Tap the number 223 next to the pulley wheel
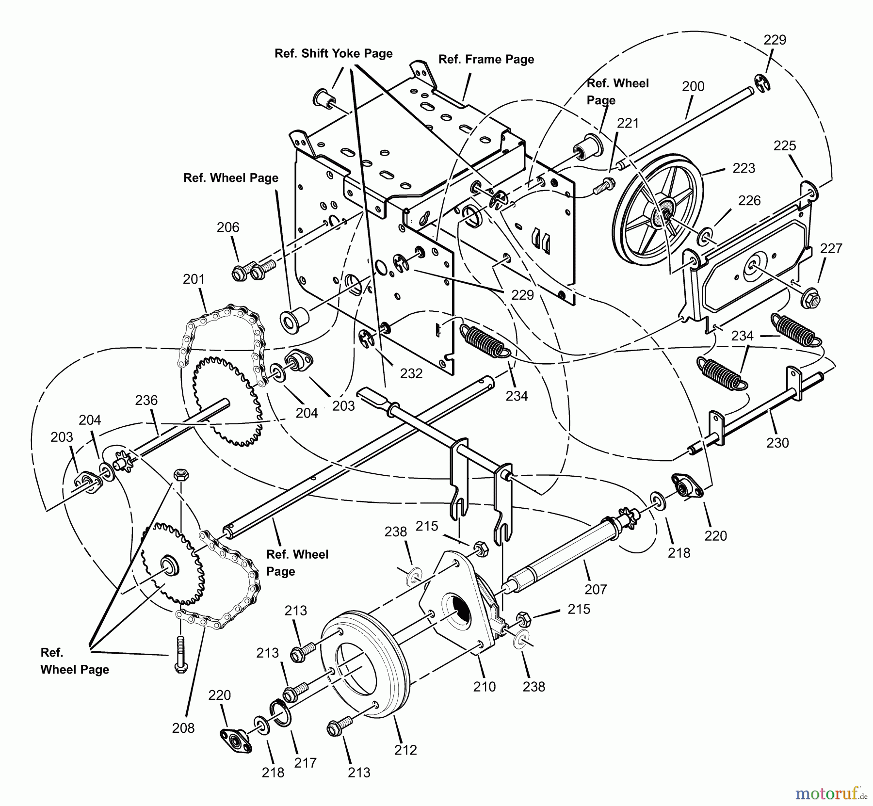coord(744,168)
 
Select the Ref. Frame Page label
coord(486,59)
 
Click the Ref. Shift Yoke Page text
coord(333,53)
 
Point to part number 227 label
coord(831,248)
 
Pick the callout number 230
coord(777,442)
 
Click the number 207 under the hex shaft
coord(596,589)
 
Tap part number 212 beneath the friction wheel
coord(405,750)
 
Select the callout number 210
coord(485,686)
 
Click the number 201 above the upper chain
coord(194,279)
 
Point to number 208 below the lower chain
coord(183,728)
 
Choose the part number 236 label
coord(146,400)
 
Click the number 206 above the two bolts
coord(228,227)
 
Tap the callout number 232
coord(411,373)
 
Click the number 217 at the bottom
coord(305,763)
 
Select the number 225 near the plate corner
coord(784,145)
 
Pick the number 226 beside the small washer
coord(749,200)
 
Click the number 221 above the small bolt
coord(628,123)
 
